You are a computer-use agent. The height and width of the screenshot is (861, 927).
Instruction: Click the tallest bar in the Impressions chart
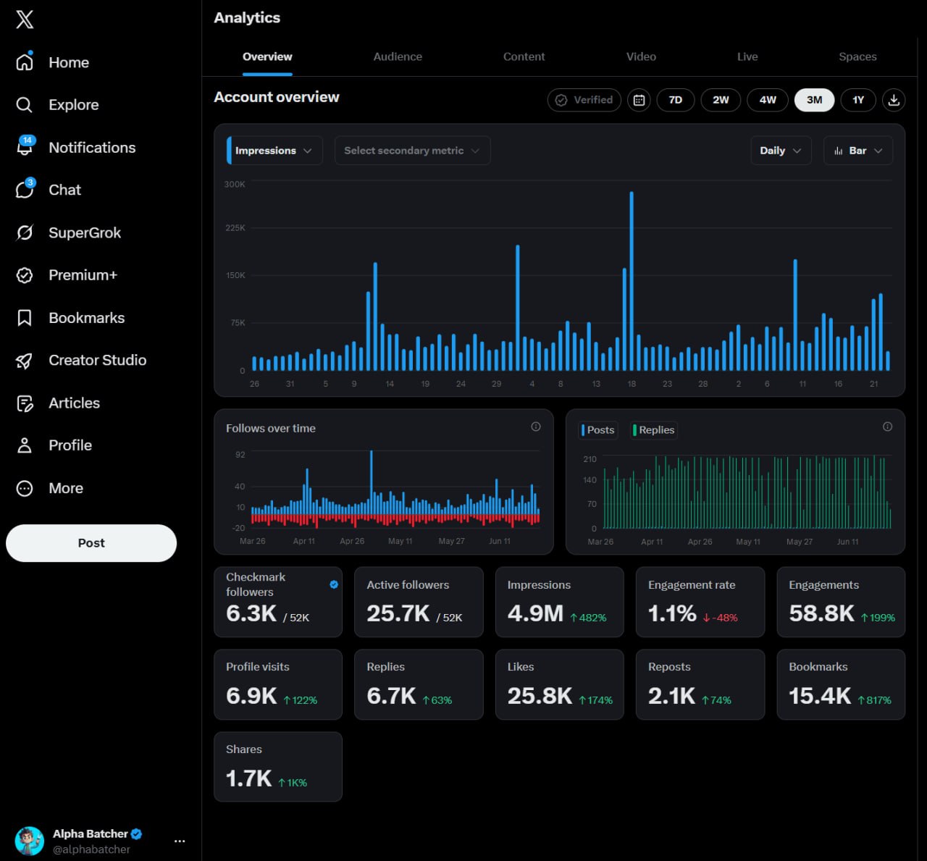632,281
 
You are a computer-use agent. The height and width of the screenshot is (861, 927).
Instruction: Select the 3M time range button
814,100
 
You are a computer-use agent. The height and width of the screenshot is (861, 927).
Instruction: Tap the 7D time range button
676,100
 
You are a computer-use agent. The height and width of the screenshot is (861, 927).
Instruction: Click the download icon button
894,100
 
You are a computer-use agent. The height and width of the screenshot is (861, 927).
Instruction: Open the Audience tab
398,56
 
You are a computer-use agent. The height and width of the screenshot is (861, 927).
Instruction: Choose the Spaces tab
857,56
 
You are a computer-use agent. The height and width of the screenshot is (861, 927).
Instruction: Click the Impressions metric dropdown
274,151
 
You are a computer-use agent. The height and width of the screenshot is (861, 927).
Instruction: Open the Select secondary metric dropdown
412,151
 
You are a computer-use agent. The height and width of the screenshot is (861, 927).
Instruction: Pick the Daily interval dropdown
781,151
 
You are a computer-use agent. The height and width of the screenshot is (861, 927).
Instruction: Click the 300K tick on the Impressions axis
235,184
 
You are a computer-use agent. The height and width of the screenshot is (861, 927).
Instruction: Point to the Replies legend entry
653,430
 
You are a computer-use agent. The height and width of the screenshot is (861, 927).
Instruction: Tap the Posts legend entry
598,430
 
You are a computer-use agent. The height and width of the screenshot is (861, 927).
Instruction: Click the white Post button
91,543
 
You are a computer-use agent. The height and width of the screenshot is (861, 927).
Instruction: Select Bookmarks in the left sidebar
86,318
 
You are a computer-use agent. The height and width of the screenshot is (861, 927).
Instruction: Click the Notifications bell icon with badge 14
25,147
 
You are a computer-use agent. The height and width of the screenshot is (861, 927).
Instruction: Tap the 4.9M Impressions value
535,613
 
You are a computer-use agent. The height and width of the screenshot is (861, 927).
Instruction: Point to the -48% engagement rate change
720,618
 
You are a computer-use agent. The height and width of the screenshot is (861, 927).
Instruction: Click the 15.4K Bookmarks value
820,696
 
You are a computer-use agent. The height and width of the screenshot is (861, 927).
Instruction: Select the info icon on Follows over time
536,427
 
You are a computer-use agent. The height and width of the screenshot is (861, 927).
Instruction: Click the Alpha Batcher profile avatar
29,841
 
